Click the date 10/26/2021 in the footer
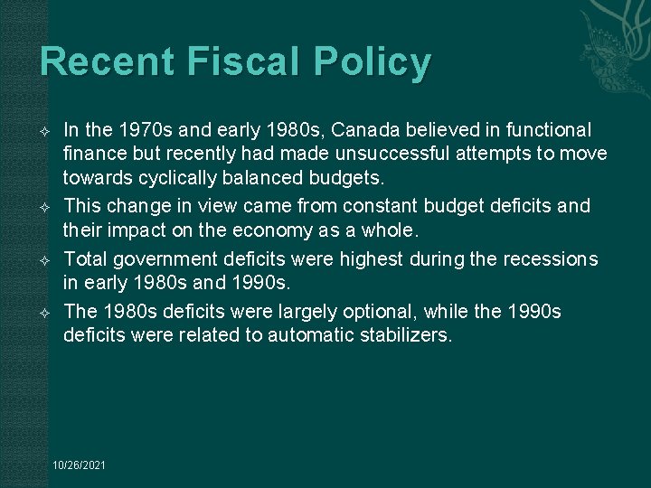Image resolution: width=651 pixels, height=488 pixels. (80, 465)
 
